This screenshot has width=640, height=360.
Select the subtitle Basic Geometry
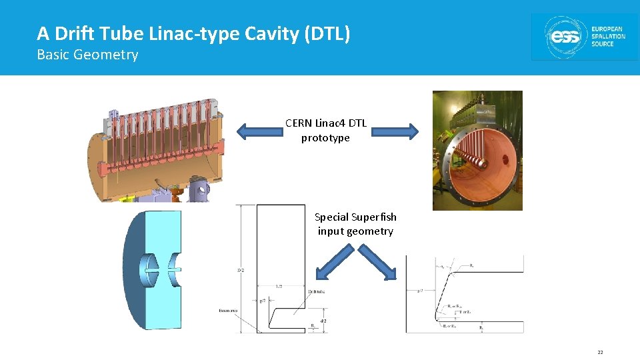click(87, 55)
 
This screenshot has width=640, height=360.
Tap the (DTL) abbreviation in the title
click(327, 33)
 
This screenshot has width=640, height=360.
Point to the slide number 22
click(600, 352)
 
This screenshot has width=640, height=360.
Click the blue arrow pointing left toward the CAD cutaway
click(260, 130)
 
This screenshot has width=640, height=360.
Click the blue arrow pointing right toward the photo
click(393, 131)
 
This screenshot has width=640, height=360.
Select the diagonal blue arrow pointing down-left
click(335, 262)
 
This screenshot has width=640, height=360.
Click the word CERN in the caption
click(297, 123)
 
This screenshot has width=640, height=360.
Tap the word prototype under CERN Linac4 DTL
click(325, 138)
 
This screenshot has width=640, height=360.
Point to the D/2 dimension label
click(241, 270)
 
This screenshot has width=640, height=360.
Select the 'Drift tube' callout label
click(316, 291)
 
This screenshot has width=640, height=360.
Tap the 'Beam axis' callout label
click(228, 311)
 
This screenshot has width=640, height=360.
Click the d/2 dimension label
click(323, 321)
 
